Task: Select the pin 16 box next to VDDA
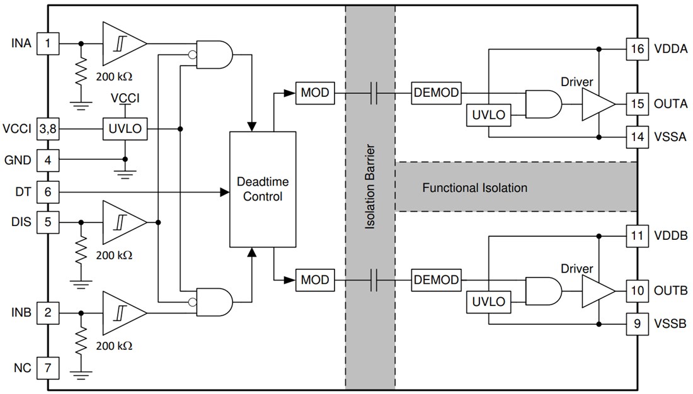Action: [637, 49]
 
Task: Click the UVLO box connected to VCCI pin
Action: [125, 129]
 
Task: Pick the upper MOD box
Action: [314, 93]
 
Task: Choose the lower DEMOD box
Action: [436, 279]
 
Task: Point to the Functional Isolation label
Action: [474, 188]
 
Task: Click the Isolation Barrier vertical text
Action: [370, 187]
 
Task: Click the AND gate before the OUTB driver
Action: [541, 291]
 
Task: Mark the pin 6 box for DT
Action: [47, 191]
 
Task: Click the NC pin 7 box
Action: [47, 366]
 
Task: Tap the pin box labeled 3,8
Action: [47, 129]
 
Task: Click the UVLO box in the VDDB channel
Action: [489, 301]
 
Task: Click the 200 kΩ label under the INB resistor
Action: [113, 346]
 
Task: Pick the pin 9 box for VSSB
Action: [637, 325]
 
